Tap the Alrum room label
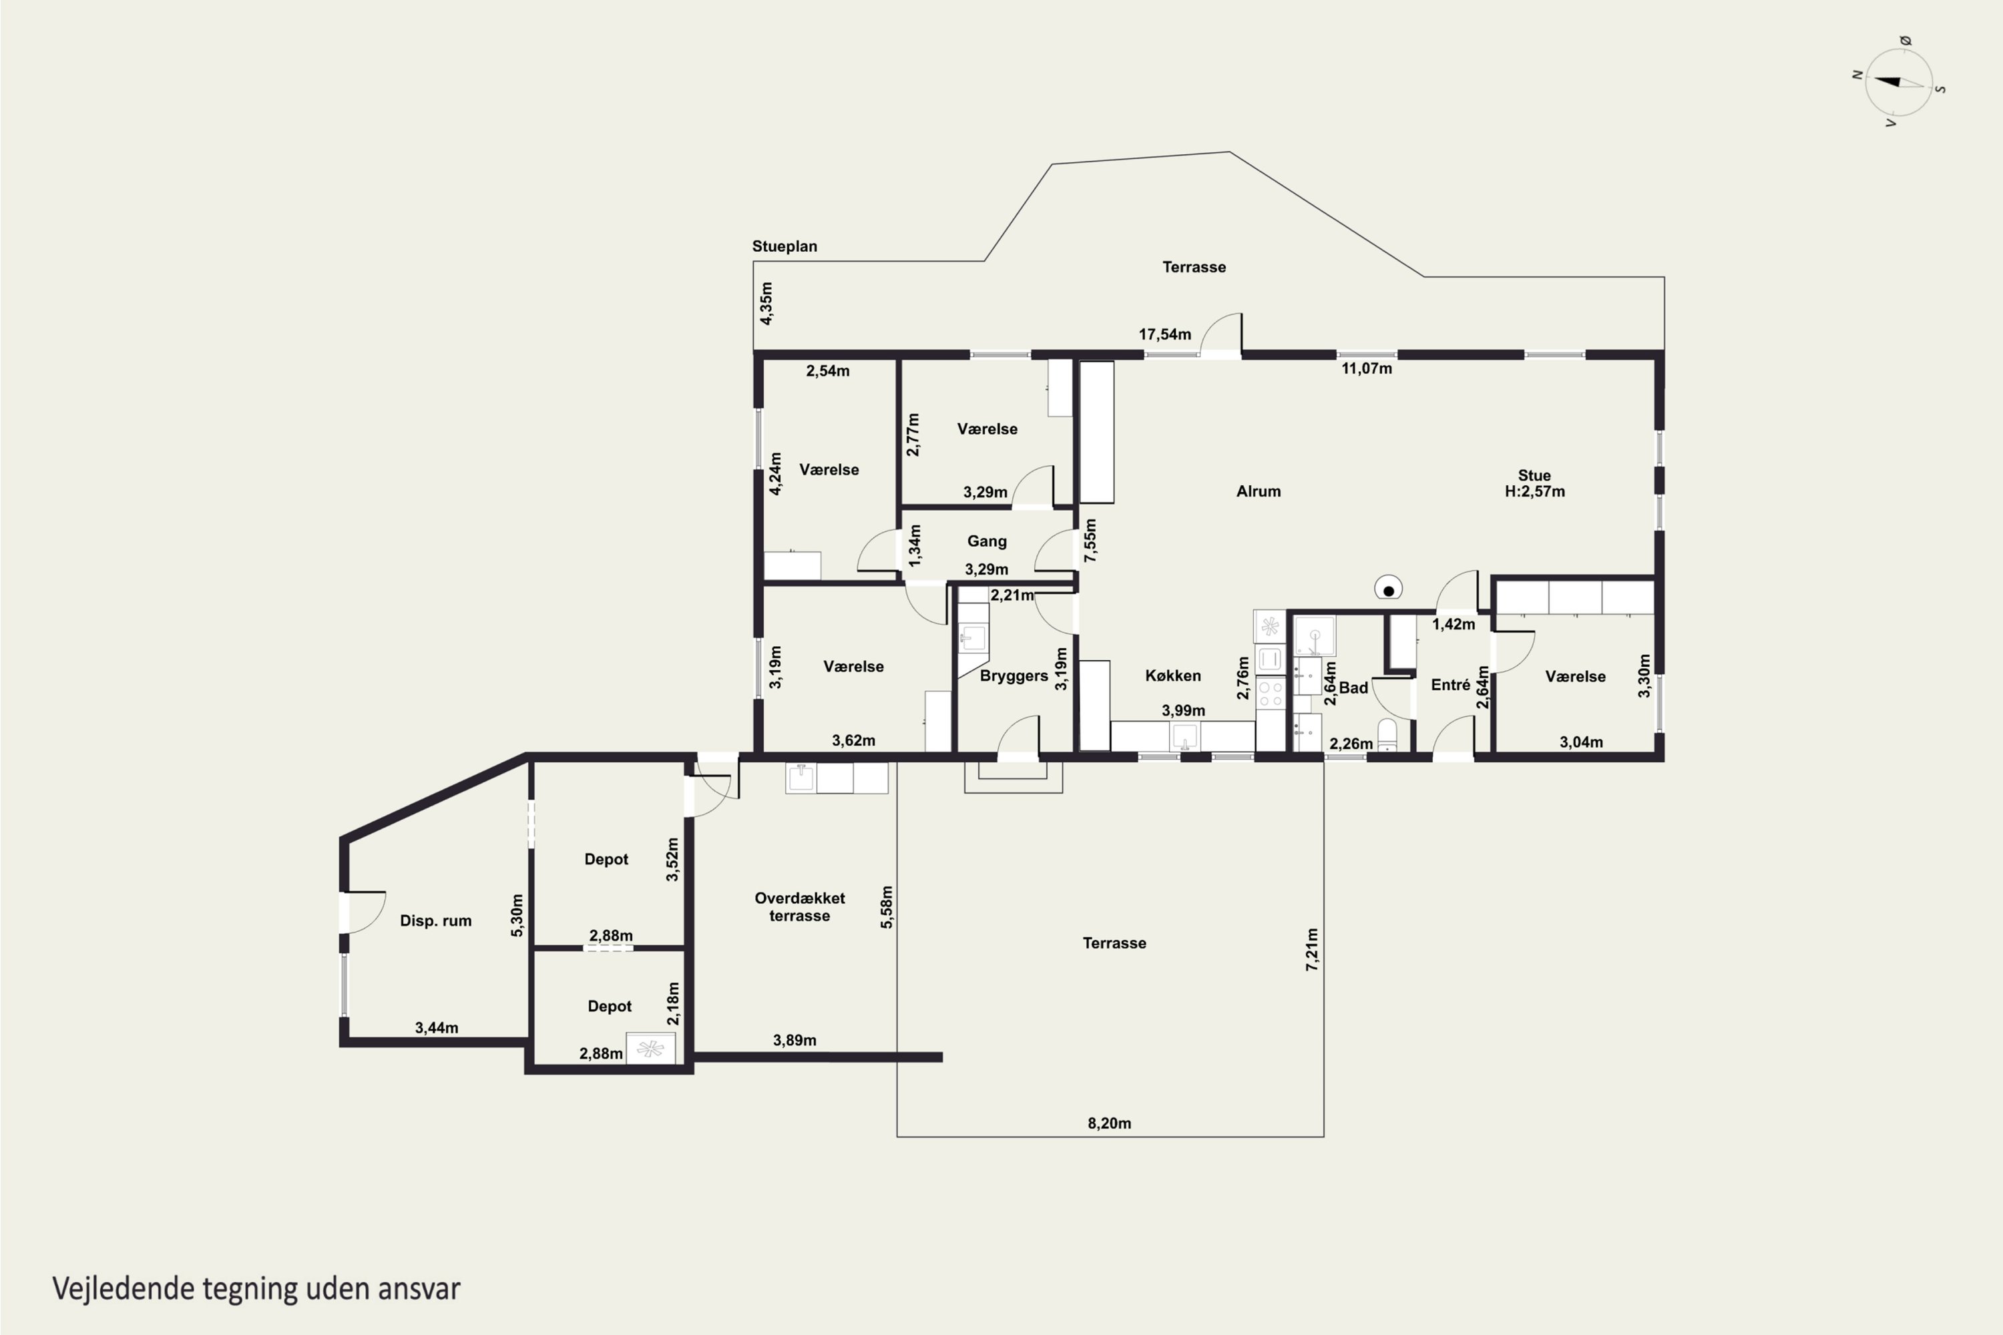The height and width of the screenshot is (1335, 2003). point(1258,491)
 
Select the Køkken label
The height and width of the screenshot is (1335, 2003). point(1172,675)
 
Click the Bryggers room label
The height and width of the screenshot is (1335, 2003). point(1014,676)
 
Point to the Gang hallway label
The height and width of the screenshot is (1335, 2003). point(987,541)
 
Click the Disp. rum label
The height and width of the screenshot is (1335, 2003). point(435,920)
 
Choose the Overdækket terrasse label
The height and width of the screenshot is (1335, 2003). point(800,906)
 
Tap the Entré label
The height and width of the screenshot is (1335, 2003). point(1450,685)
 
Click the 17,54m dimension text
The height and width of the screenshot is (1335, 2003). point(1165,334)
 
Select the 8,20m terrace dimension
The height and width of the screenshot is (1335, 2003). point(1109,1123)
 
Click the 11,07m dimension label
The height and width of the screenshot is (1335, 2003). point(1367,368)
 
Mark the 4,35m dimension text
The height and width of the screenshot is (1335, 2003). point(766,303)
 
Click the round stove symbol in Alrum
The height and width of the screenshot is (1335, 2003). point(1388,589)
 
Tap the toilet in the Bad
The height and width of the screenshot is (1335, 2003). point(1387,736)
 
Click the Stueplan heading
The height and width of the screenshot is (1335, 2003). point(785,246)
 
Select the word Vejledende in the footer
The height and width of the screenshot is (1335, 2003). point(124,1289)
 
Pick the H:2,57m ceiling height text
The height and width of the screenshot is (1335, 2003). point(1534,491)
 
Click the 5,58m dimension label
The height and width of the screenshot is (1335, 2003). point(887,906)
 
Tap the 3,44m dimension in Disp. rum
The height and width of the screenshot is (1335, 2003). point(436,1028)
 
